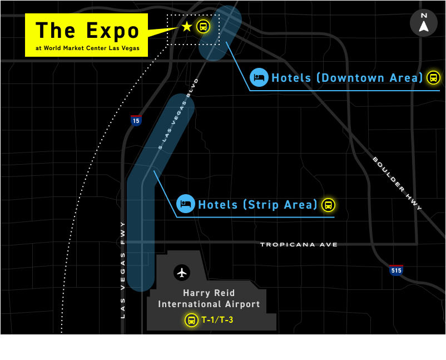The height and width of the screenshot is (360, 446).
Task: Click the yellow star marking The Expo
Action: [x=187, y=26]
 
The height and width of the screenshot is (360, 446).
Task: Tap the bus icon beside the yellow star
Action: [x=204, y=26]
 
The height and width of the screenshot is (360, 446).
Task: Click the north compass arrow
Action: [x=424, y=23]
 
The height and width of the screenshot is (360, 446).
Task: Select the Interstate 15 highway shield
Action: [x=136, y=120]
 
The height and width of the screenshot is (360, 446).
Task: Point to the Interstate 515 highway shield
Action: [x=396, y=270]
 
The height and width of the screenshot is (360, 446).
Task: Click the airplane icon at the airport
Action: [x=182, y=273]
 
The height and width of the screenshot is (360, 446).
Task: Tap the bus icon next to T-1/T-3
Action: [x=191, y=320]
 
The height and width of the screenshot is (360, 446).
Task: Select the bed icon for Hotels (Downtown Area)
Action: [x=259, y=77]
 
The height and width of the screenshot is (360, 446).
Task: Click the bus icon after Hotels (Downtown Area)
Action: [x=433, y=77]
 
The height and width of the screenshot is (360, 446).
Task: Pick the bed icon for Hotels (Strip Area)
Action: [x=185, y=204]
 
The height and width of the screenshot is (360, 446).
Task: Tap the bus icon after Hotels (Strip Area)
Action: [x=328, y=205]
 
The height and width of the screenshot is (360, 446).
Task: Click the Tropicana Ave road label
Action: [x=299, y=244]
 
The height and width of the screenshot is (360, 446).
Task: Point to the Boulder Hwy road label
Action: [x=397, y=184]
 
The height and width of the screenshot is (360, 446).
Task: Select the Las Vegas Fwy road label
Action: [x=123, y=270]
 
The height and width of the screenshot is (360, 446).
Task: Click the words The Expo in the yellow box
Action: [x=87, y=31]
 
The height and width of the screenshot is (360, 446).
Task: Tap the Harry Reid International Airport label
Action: [x=209, y=298]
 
